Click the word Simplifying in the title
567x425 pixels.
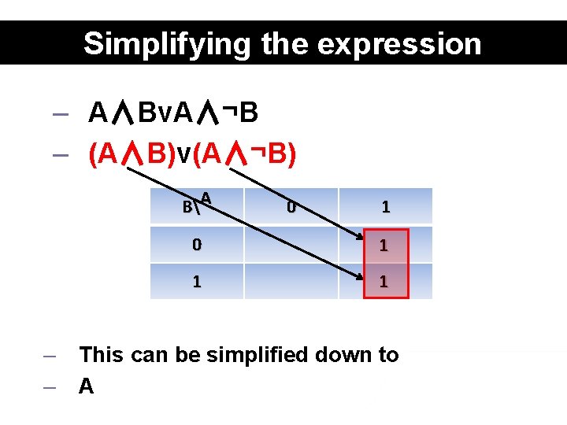tap(150, 43)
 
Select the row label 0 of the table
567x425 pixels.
tap(197, 245)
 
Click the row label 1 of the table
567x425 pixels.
tap(197, 281)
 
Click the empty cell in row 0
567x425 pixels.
tap(291, 245)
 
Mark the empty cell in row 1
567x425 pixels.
tap(291, 281)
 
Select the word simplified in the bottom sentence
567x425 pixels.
tap(257, 355)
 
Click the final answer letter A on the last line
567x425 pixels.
tap(87, 386)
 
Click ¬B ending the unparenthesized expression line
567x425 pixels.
tap(239, 114)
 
